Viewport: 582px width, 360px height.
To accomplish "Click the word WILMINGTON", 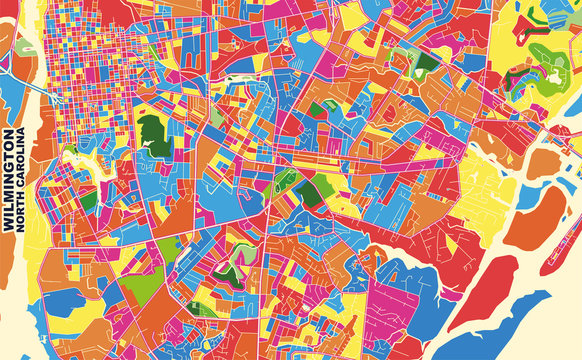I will tap(10, 180).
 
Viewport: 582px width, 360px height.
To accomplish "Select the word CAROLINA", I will tap(23, 162).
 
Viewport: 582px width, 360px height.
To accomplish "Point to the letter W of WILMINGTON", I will tap(10, 228).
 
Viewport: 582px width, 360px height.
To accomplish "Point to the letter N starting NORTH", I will tap(23, 229).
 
